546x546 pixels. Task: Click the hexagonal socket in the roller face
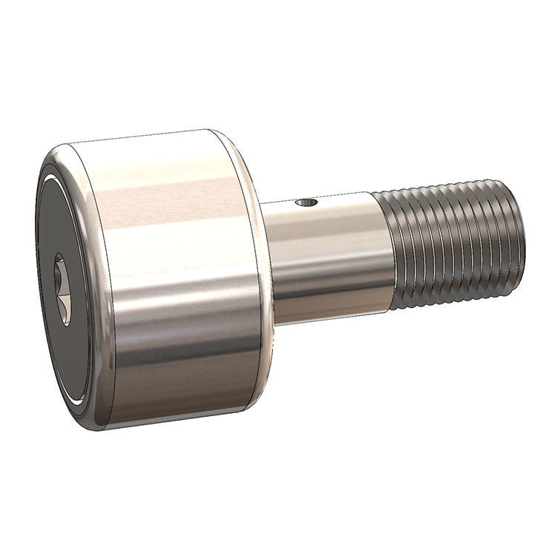click(x=63, y=288)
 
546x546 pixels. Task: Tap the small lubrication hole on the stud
click(x=305, y=201)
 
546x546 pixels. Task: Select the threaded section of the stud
click(x=453, y=245)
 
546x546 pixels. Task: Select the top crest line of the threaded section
click(x=445, y=185)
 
